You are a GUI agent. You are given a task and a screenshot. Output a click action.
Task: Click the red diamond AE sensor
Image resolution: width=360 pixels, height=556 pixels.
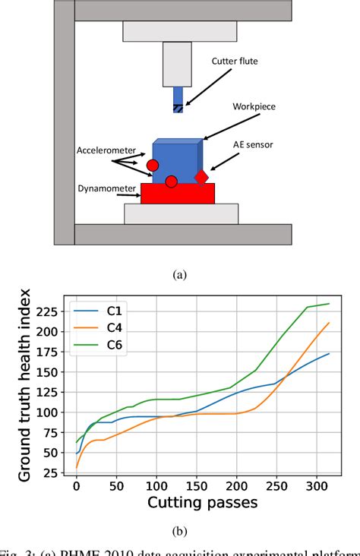pos(201,177)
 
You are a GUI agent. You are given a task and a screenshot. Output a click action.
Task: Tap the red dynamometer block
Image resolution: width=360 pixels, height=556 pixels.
pos(178,193)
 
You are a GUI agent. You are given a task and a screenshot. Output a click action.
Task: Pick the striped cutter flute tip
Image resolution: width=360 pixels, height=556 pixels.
pos(178,108)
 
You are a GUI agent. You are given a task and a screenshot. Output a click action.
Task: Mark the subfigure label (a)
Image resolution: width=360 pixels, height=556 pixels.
pos(180,275)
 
